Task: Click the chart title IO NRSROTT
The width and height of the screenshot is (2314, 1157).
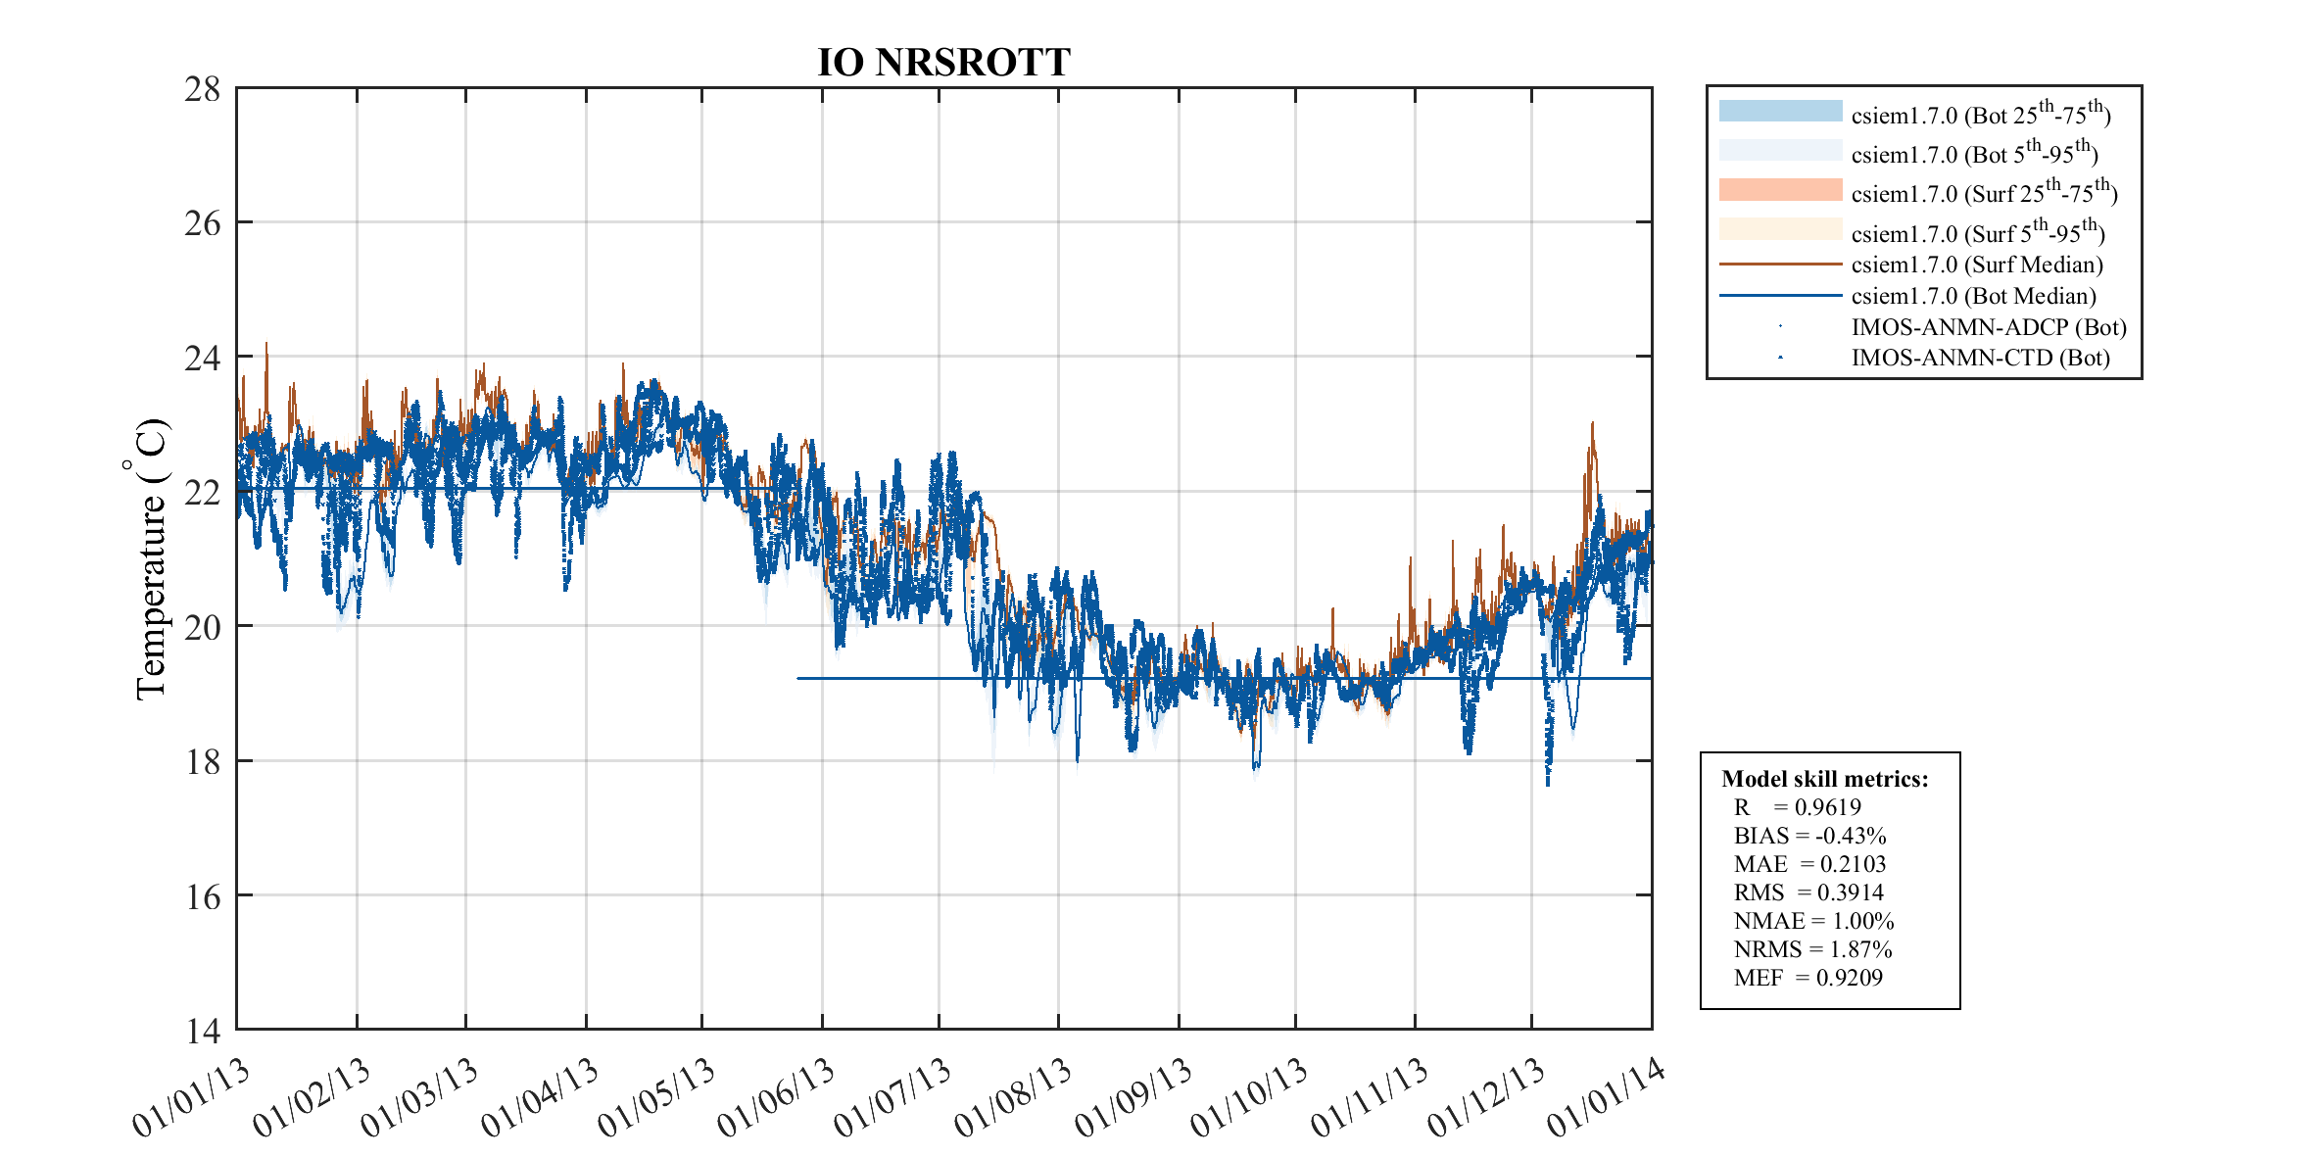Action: [x=943, y=62]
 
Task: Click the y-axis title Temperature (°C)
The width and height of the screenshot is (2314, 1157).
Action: [x=150, y=558]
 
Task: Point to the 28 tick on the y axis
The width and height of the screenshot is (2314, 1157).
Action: [x=203, y=89]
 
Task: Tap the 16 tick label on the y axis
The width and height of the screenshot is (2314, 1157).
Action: [x=203, y=896]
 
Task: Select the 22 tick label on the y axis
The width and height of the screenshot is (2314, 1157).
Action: [x=203, y=492]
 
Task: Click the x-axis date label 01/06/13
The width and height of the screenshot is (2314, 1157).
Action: [x=776, y=1098]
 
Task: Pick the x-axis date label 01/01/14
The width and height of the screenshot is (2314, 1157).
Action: [x=1606, y=1098]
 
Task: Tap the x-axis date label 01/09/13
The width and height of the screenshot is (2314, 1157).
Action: [x=1133, y=1098]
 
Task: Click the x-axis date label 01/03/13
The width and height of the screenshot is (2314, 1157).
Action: [x=419, y=1098]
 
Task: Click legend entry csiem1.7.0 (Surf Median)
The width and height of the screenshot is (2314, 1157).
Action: [x=1976, y=265]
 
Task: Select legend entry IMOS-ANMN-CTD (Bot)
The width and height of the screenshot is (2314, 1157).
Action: [x=1980, y=358]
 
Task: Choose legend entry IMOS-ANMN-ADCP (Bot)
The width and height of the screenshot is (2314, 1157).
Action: [x=1988, y=327]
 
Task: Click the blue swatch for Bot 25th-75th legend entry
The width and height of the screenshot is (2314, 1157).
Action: [x=1780, y=111]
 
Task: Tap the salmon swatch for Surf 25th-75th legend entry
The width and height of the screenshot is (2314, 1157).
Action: [x=1780, y=190]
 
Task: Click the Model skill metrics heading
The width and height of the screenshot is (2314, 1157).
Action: [x=1824, y=779]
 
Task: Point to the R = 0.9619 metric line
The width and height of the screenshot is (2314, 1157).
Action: [x=1797, y=807]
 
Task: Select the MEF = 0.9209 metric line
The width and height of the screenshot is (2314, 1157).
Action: [x=1808, y=978]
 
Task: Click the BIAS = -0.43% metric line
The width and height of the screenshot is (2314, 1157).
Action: [x=1808, y=836]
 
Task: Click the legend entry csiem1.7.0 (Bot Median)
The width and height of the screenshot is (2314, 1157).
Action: [x=1973, y=296]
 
